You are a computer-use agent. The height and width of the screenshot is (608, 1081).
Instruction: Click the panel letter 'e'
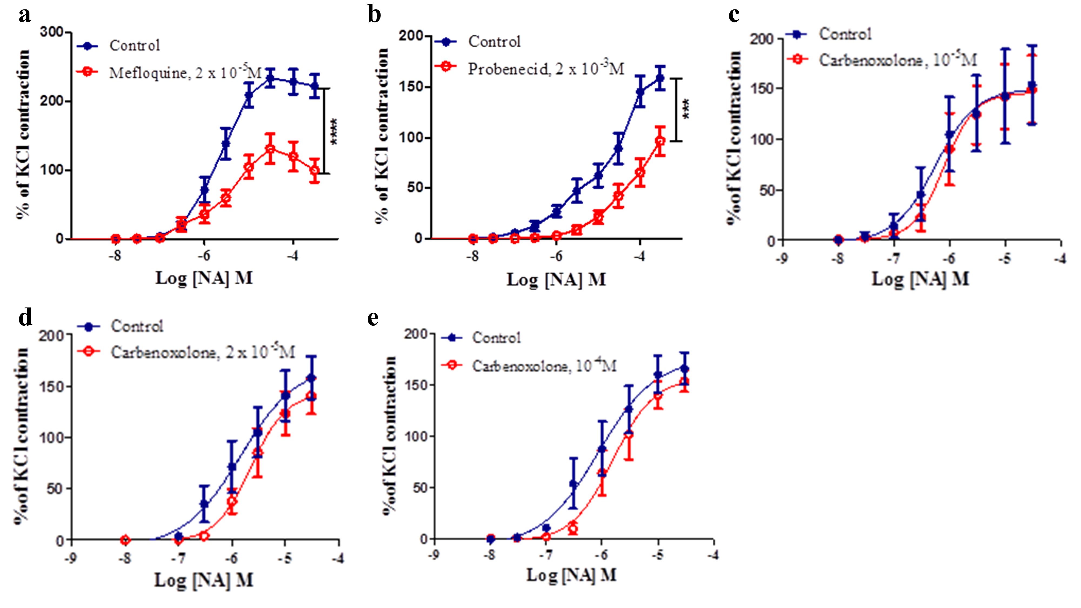click(x=373, y=318)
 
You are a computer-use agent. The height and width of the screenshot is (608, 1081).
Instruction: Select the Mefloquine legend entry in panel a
click(x=185, y=73)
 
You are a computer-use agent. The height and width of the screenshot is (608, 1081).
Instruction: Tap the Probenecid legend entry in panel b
click(x=546, y=68)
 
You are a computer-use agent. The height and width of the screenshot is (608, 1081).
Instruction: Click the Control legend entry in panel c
click(x=845, y=34)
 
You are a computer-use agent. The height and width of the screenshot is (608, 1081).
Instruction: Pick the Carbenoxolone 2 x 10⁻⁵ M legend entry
click(x=203, y=352)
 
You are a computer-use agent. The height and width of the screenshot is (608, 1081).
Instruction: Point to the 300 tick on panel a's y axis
click(x=52, y=32)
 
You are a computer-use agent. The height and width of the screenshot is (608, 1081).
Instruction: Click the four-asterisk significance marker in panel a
click(x=335, y=131)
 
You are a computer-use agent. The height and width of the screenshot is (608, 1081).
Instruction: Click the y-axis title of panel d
click(x=21, y=436)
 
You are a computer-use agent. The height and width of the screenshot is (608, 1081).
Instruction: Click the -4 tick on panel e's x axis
click(x=713, y=555)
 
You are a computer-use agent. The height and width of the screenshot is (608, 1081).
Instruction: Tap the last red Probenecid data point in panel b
click(x=660, y=141)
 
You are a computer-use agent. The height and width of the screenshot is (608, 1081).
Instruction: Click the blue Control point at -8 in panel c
click(x=838, y=240)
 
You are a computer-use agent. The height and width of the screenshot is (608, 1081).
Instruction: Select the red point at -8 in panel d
click(x=125, y=540)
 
